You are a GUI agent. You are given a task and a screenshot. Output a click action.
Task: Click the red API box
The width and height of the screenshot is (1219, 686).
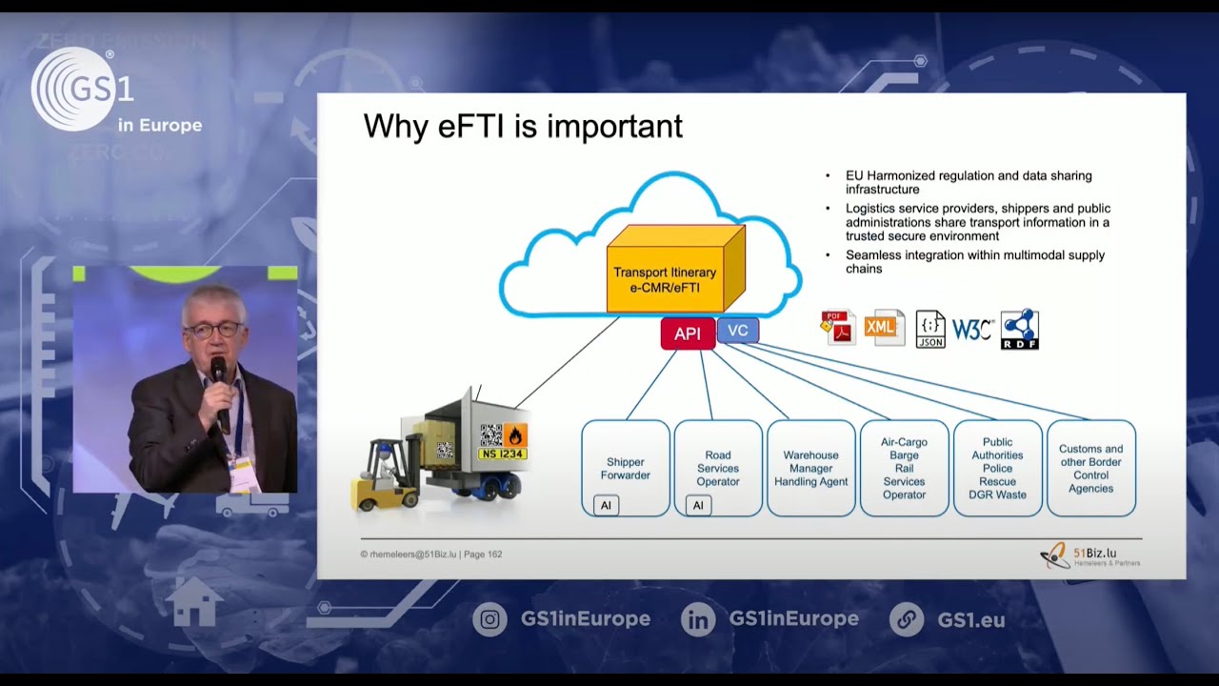click(688, 333)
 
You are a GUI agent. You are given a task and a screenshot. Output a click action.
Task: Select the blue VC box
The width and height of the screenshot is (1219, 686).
click(737, 331)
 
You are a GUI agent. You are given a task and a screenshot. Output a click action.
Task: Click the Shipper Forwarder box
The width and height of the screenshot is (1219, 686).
click(626, 468)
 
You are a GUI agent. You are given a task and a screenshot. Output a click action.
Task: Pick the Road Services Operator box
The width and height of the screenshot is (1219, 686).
click(718, 468)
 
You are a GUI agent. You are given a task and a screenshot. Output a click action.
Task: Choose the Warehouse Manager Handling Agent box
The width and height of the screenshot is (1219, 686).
click(811, 468)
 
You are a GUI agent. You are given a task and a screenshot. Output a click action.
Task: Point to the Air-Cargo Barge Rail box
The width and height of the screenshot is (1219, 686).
click(904, 468)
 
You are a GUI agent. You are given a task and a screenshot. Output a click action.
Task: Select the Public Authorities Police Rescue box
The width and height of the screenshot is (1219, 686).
click(997, 468)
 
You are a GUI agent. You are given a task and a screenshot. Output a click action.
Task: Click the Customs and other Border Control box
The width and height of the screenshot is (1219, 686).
click(1090, 468)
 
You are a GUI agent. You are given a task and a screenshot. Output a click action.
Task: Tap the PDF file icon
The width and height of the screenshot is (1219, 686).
click(838, 328)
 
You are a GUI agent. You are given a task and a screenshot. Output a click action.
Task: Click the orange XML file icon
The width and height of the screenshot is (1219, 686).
click(883, 328)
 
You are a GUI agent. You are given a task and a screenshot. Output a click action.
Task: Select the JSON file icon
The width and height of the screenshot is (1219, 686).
click(930, 329)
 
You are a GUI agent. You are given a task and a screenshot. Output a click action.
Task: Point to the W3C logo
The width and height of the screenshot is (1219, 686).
click(972, 330)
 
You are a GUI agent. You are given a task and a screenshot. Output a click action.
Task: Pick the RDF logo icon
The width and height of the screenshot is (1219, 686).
click(1019, 329)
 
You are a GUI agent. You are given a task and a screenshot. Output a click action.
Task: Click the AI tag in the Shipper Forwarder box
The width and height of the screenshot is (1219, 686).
click(606, 505)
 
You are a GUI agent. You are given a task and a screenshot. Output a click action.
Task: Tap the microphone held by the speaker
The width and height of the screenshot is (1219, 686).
click(219, 372)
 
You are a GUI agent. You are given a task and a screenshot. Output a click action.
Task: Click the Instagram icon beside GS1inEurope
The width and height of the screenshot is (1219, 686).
click(490, 619)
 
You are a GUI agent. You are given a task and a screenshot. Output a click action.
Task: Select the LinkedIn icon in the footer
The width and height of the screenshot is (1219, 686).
click(698, 619)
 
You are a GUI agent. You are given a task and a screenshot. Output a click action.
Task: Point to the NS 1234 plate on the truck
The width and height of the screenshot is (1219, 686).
click(502, 454)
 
